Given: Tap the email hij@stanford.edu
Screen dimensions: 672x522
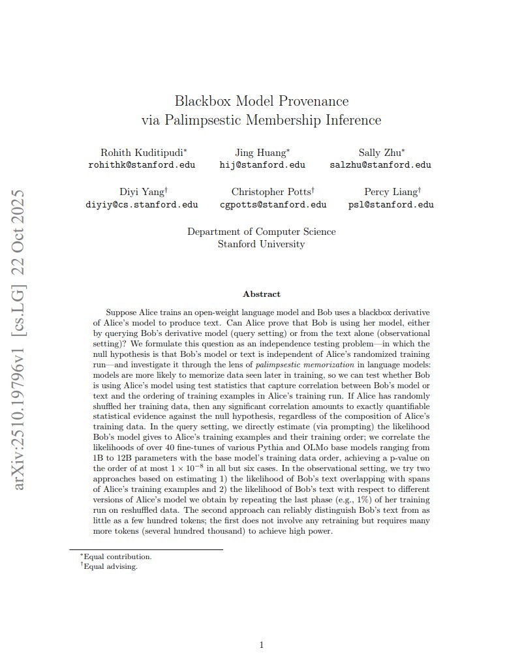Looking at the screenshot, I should point(262,165).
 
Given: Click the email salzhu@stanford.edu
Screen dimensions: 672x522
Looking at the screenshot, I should point(380,165).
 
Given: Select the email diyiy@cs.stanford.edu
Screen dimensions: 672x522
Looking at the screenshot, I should point(142,204).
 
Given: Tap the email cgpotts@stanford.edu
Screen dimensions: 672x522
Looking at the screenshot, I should point(273,204).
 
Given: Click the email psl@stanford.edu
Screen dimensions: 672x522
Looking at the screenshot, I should point(391,204).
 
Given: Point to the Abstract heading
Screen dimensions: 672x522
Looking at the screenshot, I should point(262,294).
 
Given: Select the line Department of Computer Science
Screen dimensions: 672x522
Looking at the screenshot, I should point(262,232).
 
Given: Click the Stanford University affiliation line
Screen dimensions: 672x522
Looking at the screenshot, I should point(262,244).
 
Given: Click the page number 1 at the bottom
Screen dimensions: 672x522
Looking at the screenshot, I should point(262,645).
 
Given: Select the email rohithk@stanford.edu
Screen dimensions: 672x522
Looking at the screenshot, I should point(142,165).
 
